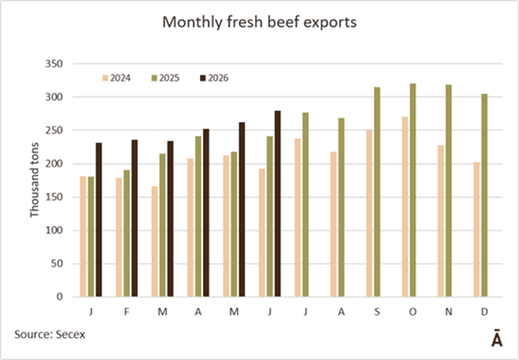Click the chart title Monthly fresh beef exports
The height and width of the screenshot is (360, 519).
(259, 23)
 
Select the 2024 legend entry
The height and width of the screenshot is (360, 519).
(117, 78)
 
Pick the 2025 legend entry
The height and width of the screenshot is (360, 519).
(165, 78)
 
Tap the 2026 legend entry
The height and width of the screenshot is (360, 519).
(215, 78)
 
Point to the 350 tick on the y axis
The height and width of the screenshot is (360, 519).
(54, 64)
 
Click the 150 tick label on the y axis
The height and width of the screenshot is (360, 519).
(54, 197)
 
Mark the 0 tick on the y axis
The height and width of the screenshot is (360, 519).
(60, 297)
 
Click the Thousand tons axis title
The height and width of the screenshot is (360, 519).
(34, 180)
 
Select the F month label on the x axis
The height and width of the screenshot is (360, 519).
(127, 312)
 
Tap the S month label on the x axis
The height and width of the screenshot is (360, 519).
(377, 312)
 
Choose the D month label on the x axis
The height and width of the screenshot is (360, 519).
(484, 312)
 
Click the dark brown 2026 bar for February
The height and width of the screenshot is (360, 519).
(134, 218)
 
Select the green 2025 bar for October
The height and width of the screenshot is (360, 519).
(413, 190)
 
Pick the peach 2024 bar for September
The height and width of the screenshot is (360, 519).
(369, 213)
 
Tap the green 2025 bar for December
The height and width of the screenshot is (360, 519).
(484, 195)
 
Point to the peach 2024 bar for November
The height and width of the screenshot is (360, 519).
(441, 221)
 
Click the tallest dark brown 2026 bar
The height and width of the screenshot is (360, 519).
(278, 204)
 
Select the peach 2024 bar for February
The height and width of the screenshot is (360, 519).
(119, 237)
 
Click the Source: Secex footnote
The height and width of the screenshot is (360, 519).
(50, 334)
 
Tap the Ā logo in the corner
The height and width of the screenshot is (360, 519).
(496, 338)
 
